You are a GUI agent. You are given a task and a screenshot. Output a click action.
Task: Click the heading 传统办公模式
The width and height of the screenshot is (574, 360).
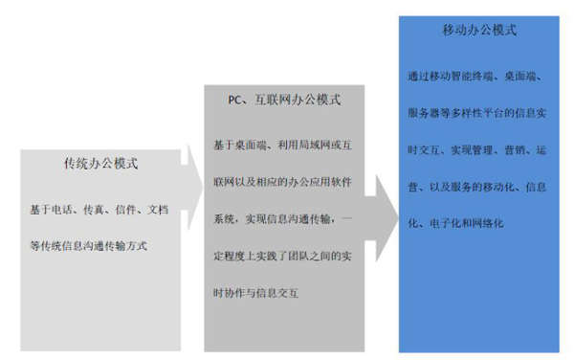click(x=99, y=164)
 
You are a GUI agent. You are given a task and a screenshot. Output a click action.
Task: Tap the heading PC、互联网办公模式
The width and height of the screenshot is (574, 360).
click(x=284, y=98)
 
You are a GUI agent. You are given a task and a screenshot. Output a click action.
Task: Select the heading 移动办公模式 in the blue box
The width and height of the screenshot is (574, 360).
click(x=479, y=31)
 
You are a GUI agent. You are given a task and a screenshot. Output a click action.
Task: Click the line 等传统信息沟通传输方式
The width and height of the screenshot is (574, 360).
click(x=88, y=245)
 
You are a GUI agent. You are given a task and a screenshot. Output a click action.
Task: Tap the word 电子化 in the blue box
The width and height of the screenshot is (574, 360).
click(x=443, y=223)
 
